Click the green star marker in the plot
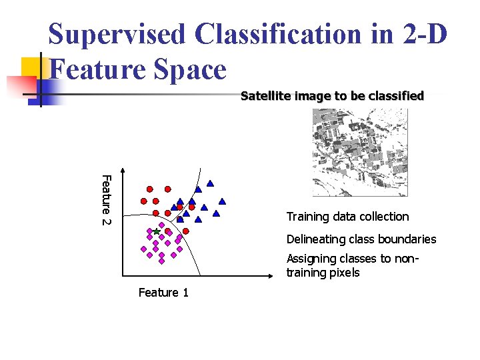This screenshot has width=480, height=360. pos(156,231)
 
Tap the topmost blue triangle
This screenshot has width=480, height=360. pos(210,183)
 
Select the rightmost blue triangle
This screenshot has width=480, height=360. pos(222,201)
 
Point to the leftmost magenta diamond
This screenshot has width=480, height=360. pos(143,249)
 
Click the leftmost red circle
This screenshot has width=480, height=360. pos(143,201)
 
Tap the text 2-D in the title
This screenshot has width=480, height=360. pos(421,34)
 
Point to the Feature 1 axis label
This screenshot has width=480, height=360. pos(163,292)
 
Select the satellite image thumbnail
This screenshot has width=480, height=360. pos(360,152)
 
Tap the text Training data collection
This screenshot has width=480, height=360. pos(347,217)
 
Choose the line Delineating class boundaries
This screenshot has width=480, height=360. pos(361,239)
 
